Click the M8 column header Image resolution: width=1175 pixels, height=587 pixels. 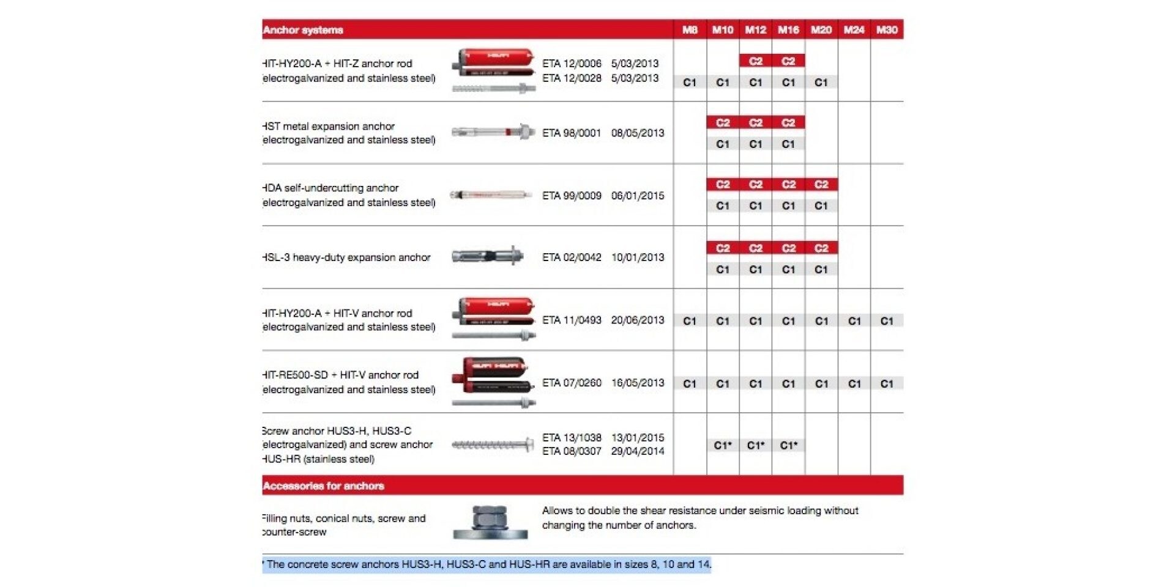coord(690,30)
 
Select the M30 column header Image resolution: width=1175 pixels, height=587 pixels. coord(887,30)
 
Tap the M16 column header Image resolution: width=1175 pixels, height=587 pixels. coord(788,30)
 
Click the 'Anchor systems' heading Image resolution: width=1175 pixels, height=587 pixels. coord(304,30)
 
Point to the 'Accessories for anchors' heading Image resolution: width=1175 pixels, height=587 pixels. coord(324,486)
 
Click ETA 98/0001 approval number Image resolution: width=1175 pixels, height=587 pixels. coord(572,133)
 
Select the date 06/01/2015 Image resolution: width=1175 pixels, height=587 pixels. coord(637,196)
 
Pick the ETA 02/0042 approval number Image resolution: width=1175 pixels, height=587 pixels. coord(572,257)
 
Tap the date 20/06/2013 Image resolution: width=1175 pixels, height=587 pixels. coord(637,320)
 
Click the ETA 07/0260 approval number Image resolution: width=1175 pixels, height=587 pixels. coord(572,383)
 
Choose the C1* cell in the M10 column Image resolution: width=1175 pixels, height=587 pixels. coord(723,446)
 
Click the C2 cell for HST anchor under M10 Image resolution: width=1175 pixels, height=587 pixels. coord(723,123)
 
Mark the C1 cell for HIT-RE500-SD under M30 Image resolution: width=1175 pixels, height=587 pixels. coord(887,384)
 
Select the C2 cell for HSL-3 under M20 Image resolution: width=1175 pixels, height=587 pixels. coord(821,248)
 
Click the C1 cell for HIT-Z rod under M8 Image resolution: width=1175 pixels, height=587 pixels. coord(690,83)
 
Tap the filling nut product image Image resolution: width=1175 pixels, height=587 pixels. coord(490,522)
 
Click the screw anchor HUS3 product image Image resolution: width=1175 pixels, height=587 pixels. coord(493,445)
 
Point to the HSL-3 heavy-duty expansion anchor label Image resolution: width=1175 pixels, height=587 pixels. coord(347,257)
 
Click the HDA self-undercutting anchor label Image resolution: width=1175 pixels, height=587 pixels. coord(331,188)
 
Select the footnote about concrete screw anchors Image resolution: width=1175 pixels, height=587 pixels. coord(487,564)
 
